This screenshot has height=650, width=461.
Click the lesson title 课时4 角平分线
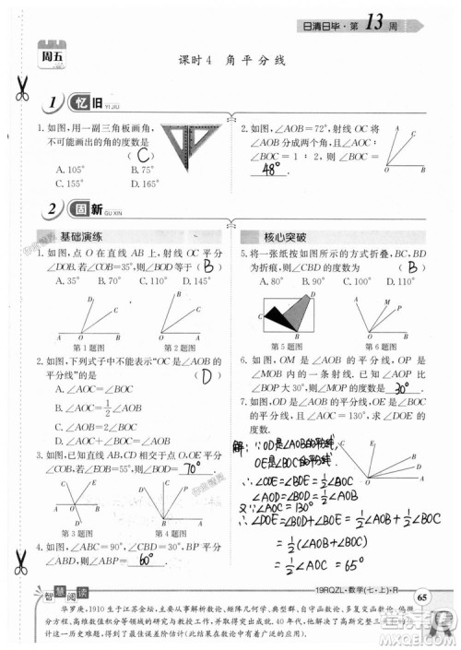pyautogui.click(x=231, y=60)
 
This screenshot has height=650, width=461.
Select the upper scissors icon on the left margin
pyautogui.click(x=19, y=87)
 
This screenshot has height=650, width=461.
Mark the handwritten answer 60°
pyautogui.click(x=146, y=559)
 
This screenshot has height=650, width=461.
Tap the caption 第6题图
pyautogui.click(x=374, y=346)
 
